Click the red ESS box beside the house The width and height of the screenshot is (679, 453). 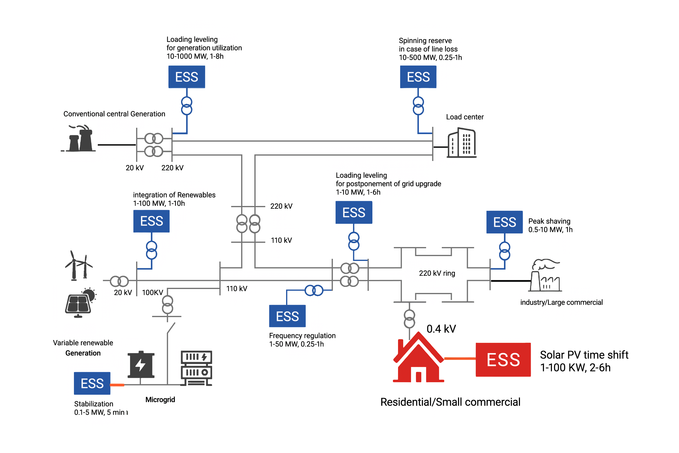point(503,359)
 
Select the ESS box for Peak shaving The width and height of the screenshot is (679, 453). point(504,222)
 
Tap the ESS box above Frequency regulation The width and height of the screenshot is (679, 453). point(287,316)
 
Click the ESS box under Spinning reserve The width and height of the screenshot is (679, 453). point(418,77)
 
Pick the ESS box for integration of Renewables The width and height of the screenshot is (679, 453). point(151,221)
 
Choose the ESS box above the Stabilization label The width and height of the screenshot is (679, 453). point(92,383)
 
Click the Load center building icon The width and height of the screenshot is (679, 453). point(462,143)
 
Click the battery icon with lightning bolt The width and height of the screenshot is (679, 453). point(141,365)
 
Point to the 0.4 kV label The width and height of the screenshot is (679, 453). point(441,329)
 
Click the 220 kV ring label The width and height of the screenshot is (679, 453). point(437,273)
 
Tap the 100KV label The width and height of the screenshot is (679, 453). point(152,292)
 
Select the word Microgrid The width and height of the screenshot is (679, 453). point(160,400)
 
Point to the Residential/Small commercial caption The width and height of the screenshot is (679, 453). point(450,402)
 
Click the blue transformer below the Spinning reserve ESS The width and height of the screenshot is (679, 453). point(418,106)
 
